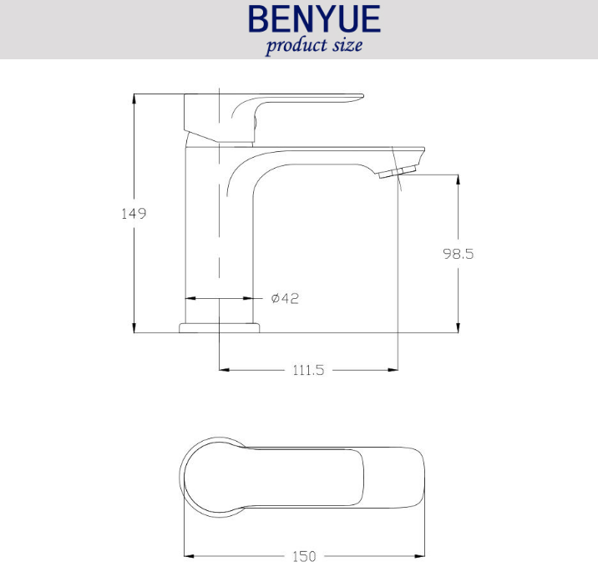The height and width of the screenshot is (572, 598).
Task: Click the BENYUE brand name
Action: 314,18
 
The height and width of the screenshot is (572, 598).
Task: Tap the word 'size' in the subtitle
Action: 347,45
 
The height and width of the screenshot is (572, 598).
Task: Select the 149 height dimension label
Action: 134,214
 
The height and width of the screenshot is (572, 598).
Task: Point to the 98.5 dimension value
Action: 458,254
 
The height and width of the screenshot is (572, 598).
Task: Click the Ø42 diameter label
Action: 285,298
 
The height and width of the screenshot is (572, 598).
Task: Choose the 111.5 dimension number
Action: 308,370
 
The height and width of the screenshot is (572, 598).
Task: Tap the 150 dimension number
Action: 304,556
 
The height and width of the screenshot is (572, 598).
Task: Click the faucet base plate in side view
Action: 220,328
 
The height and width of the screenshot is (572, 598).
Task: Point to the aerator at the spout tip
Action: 397,172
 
